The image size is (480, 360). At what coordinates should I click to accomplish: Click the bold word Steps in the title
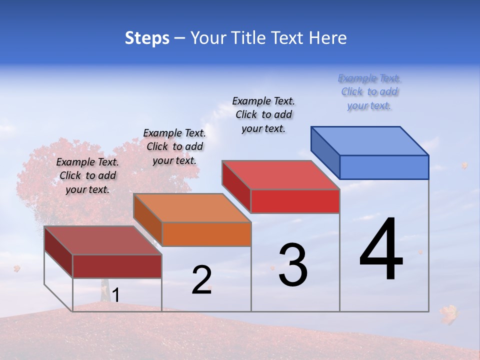tap(147, 38)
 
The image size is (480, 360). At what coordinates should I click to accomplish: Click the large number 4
tap(381, 250)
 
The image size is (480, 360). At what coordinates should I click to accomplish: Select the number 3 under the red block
tap(293, 265)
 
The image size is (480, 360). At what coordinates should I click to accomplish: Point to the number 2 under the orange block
tap(201, 280)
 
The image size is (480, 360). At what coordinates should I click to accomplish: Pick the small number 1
tap(115, 295)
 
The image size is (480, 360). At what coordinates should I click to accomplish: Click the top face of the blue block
tap(370, 140)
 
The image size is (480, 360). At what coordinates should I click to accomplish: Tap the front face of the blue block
tap(384, 167)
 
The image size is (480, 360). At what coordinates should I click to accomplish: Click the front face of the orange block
tap(206, 234)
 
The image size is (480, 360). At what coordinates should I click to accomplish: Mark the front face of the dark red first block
tap(117, 266)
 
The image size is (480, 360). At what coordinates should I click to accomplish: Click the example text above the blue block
tap(369, 92)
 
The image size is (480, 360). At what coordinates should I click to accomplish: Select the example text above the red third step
tap(263, 114)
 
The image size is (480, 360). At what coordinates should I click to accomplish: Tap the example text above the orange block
tap(174, 146)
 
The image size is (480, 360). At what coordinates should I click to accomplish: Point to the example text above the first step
tap(87, 175)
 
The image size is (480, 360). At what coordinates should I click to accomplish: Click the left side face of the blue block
tap(325, 152)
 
